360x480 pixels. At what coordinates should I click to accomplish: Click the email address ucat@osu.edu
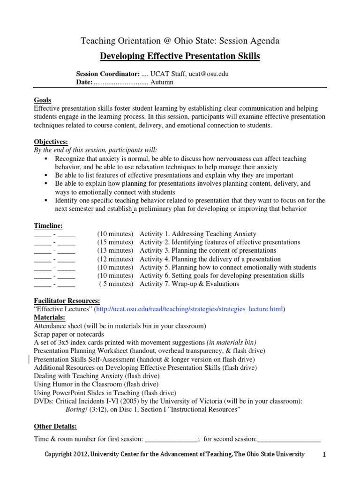point(208,74)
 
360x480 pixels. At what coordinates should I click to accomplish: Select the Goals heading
point(43,100)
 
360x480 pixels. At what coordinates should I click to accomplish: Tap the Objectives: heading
point(51,142)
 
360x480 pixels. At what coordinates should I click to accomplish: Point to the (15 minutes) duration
point(115,242)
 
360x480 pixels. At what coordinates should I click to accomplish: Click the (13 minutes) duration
point(115,251)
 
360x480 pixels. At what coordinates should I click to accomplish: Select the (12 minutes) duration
point(115,259)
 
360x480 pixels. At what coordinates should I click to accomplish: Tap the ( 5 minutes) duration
point(116,284)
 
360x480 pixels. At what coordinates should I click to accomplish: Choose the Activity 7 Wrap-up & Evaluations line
point(189,284)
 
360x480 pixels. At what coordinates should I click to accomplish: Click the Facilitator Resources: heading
point(67,300)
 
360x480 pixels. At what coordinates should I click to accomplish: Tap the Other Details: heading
point(55,426)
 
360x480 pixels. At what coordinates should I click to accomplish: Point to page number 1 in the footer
point(324,455)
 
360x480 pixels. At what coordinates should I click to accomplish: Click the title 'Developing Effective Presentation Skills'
point(180,57)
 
